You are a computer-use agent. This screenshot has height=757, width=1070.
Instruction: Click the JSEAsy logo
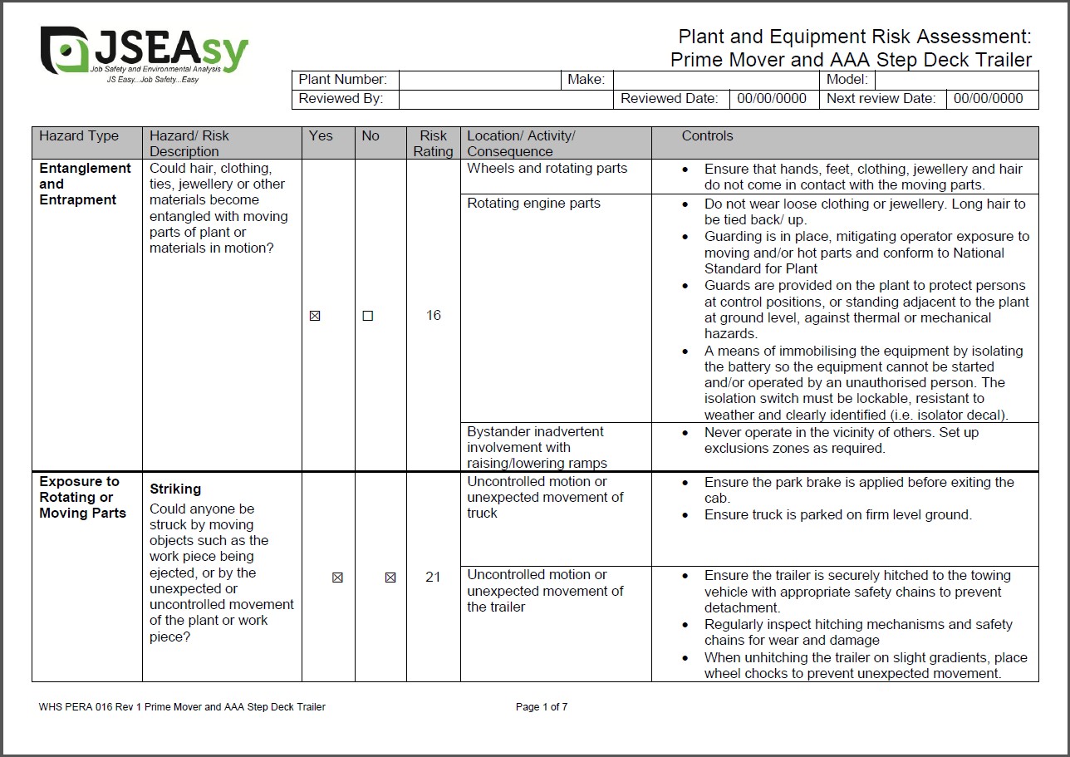(143, 53)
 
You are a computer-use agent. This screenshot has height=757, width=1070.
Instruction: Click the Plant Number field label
(342, 80)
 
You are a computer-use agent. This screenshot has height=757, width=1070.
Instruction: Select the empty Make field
(716, 80)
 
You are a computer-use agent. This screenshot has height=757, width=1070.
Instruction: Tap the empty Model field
(956, 80)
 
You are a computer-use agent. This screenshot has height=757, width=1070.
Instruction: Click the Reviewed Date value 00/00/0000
(772, 99)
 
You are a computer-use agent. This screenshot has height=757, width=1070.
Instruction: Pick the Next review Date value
(989, 99)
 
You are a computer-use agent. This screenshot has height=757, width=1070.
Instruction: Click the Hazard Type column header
(79, 136)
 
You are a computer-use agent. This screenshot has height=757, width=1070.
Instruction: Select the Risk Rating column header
(433, 143)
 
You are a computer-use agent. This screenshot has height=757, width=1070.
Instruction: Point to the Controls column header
(708, 136)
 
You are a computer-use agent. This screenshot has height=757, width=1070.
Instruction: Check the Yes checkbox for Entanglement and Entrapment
(315, 316)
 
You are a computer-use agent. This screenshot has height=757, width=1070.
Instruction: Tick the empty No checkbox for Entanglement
(368, 316)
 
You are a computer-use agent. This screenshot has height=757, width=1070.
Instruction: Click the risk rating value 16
(433, 316)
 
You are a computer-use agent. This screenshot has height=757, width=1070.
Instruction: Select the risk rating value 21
(433, 577)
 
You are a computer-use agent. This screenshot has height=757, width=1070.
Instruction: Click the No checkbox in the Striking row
(390, 578)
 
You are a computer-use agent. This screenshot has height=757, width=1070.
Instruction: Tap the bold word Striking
(175, 489)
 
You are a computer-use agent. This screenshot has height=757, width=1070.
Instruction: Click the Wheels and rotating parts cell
(547, 169)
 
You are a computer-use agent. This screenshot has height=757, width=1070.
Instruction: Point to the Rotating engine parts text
(533, 204)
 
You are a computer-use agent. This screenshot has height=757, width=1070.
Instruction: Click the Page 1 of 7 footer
(542, 707)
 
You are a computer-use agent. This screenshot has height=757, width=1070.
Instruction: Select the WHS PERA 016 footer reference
(182, 707)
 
